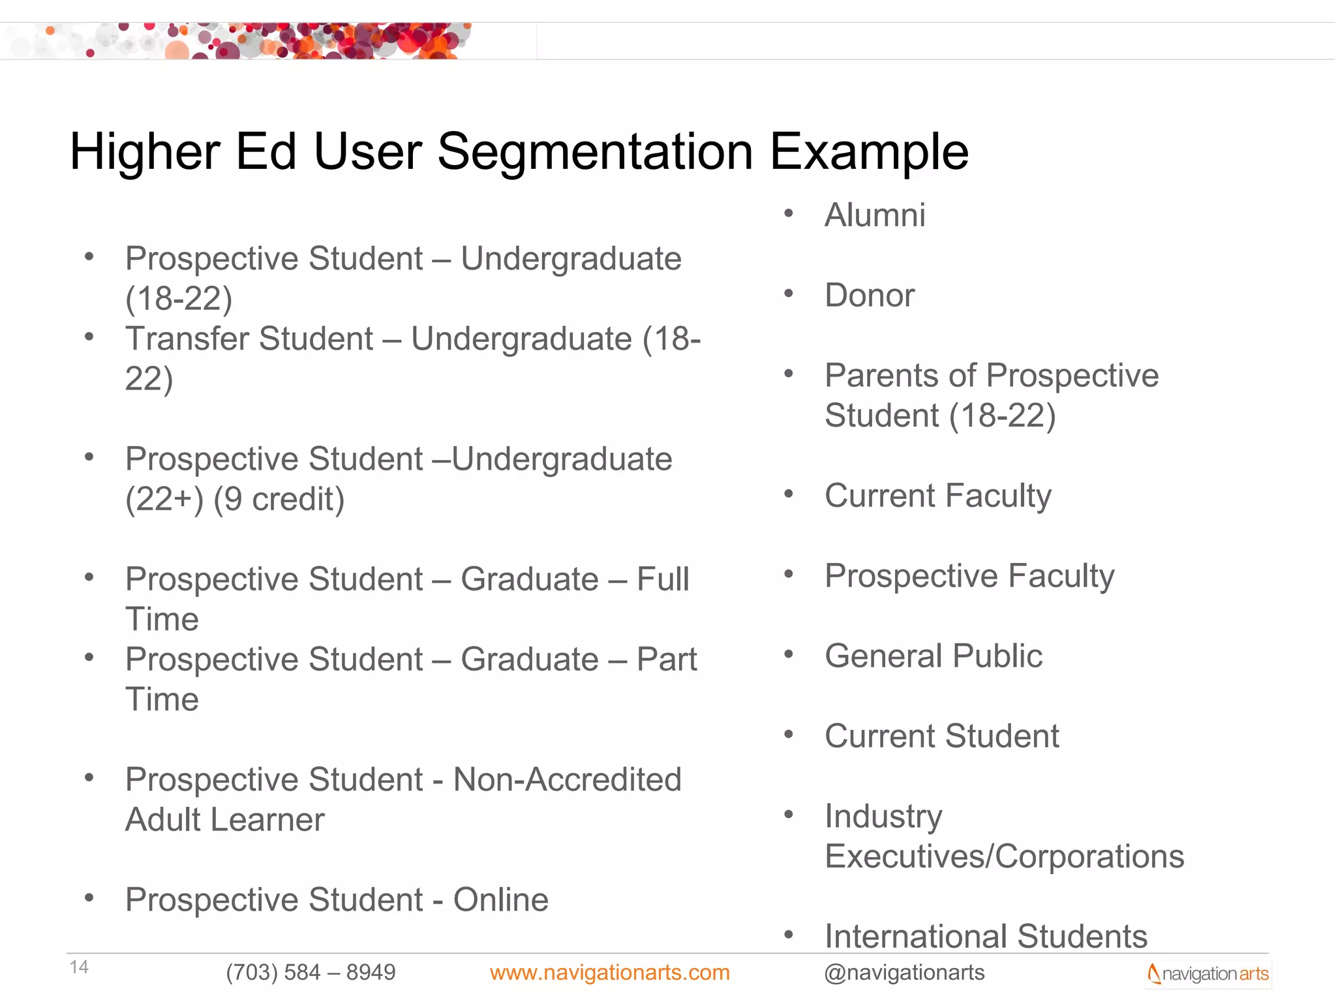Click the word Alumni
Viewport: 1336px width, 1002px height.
pos(875,215)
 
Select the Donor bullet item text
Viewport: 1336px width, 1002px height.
pos(870,296)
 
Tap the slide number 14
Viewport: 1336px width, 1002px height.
pos(79,967)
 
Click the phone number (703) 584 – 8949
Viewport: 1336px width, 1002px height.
pos(311,973)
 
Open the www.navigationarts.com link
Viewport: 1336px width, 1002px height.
pos(609,973)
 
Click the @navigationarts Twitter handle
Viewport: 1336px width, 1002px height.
pos(904,973)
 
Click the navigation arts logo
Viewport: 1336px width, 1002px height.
pos(1208,974)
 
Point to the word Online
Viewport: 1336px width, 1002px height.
pos(500,900)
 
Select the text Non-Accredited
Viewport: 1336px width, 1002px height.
pos(567,780)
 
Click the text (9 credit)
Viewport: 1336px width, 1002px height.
pos(279,500)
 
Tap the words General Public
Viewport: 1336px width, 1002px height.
pos(934,656)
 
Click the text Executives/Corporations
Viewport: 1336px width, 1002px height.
pos(1004,857)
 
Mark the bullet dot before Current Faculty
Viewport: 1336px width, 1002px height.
pos(789,494)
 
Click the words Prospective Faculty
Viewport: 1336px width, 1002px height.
pos(969,576)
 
